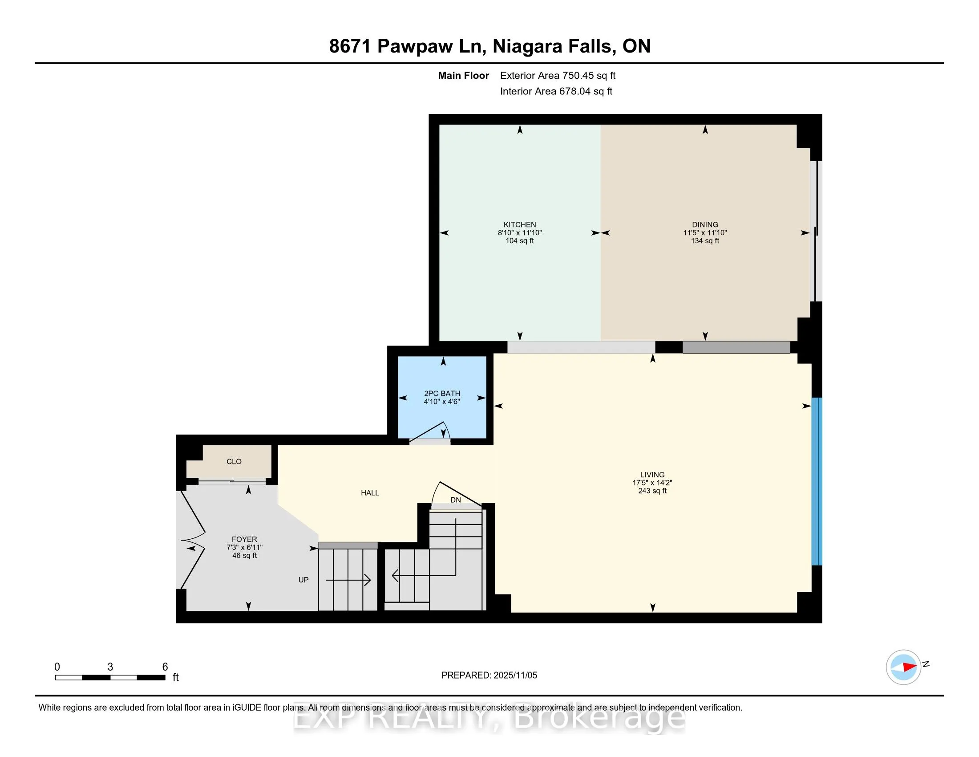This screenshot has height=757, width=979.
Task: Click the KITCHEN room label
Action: tap(519, 225)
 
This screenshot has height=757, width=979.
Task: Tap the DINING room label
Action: tap(705, 225)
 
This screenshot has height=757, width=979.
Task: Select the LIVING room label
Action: tap(652, 475)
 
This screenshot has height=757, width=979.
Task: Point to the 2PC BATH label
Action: tap(442, 393)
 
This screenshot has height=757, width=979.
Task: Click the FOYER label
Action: tap(244, 539)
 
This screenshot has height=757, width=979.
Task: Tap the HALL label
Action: tap(370, 493)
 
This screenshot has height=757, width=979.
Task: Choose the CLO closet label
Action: tap(234, 461)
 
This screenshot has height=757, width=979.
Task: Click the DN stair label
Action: tap(455, 500)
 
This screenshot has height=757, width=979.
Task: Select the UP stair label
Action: tap(303, 580)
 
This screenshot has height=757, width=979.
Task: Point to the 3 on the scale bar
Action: tap(110, 667)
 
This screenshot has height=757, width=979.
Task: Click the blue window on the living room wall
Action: tap(817, 481)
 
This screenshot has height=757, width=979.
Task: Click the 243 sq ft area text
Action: tap(652, 491)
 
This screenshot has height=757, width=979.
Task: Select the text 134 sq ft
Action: tap(705, 241)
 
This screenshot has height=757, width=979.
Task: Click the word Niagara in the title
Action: tap(527, 46)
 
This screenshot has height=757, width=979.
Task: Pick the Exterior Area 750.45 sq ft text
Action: tap(558, 76)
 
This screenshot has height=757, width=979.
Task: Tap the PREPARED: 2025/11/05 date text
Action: tap(489, 675)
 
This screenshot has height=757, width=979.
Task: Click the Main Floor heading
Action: tap(463, 76)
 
